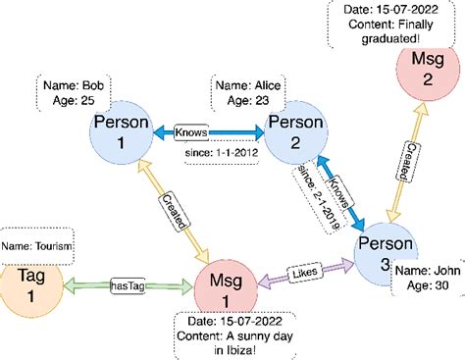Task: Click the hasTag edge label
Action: (x=129, y=285)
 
